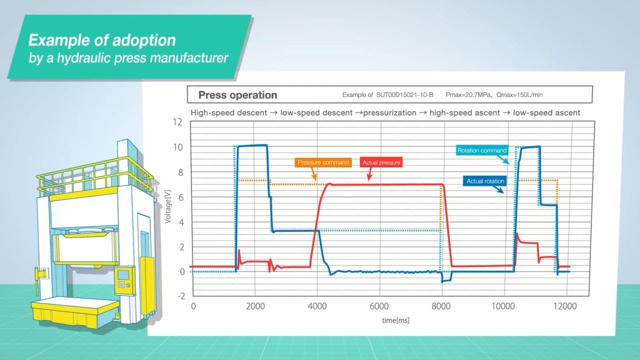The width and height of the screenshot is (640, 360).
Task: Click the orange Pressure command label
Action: coord(323,162)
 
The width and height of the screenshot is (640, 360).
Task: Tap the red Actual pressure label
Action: coord(381,162)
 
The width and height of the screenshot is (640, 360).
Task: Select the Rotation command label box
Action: coord(481,150)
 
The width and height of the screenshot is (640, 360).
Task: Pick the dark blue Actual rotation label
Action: coord(485,181)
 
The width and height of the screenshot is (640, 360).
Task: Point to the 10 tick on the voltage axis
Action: coord(177,147)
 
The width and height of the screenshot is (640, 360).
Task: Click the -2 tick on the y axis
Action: coord(181,296)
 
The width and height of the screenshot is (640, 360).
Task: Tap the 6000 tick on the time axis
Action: coord(379,306)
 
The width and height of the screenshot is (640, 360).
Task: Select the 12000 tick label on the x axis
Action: coord(565,306)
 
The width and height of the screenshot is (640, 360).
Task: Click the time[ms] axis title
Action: coord(395,320)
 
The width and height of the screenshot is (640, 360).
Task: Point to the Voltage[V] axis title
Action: coord(167,206)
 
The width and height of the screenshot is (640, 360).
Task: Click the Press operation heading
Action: coord(237,95)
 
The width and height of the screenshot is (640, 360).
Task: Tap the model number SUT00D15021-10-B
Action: coord(404,95)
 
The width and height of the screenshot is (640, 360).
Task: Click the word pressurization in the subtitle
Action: coord(389,113)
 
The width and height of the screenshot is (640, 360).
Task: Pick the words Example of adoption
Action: coord(102,40)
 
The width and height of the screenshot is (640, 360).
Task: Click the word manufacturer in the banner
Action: coord(189,57)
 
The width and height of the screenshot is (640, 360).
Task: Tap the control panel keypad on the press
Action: coord(121,284)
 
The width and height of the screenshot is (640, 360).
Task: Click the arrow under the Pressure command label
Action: coord(313,173)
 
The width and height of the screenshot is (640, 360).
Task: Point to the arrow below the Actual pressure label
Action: coord(369,173)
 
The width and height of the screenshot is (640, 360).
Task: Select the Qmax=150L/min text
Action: coord(519,95)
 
